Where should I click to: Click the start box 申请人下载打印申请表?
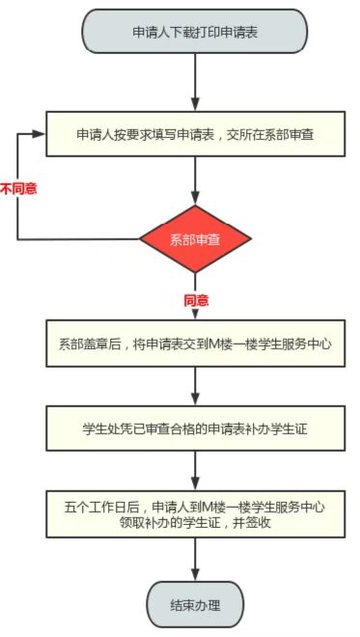pyautogui.click(x=195, y=32)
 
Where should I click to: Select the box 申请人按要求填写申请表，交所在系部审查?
pyautogui.click(x=195, y=134)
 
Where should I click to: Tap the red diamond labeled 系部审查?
pyautogui.click(x=195, y=239)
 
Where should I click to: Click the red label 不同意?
pyautogui.click(x=18, y=189)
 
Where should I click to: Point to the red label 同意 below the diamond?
pyautogui.click(x=196, y=301)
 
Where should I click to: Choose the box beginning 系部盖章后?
pyautogui.click(x=195, y=344)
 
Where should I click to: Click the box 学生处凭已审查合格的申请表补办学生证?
pyautogui.click(x=195, y=429)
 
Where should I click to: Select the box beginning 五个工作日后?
pyautogui.click(x=195, y=514)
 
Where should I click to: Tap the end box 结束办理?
pyautogui.click(x=195, y=605)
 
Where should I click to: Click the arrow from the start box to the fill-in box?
pyautogui.click(x=195, y=82)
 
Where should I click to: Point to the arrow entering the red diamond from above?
pyautogui.click(x=195, y=180)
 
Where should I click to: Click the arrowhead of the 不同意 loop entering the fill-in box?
pyautogui.click(x=39, y=134)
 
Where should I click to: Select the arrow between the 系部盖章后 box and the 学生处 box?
pyautogui.click(x=195, y=386)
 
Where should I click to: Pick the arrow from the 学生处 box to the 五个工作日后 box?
pyautogui.click(x=195, y=471)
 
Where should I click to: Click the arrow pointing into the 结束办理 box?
pyautogui.click(x=195, y=560)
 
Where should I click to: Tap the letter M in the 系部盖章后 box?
pyautogui.click(x=214, y=345)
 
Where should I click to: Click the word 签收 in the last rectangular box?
pyautogui.click(x=259, y=522)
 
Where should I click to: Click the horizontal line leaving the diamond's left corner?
pyautogui.click(x=78, y=239)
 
